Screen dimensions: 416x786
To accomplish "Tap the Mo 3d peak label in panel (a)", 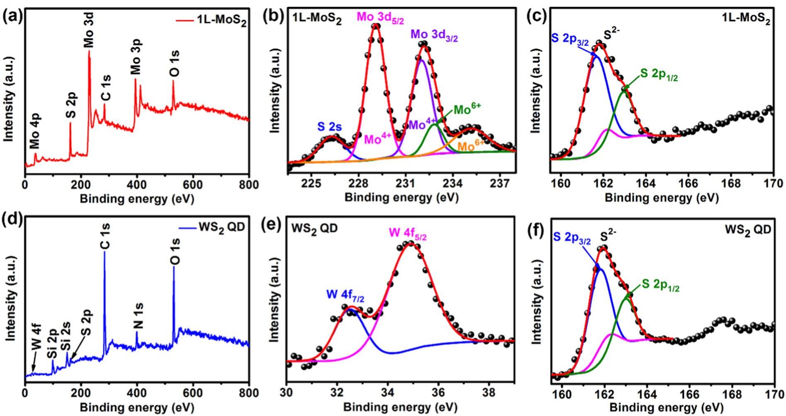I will (x=89, y=30).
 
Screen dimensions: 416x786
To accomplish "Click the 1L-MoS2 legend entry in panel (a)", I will (x=221, y=21).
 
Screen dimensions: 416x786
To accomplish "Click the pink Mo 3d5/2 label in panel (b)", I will (x=380, y=18).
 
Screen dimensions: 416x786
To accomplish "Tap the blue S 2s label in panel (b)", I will (x=330, y=127).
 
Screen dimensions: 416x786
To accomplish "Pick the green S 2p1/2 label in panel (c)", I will (x=659, y=75).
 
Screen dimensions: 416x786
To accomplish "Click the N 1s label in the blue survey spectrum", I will (x=139, y=315).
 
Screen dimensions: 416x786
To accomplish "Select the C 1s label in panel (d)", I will (x=105, y=237).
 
